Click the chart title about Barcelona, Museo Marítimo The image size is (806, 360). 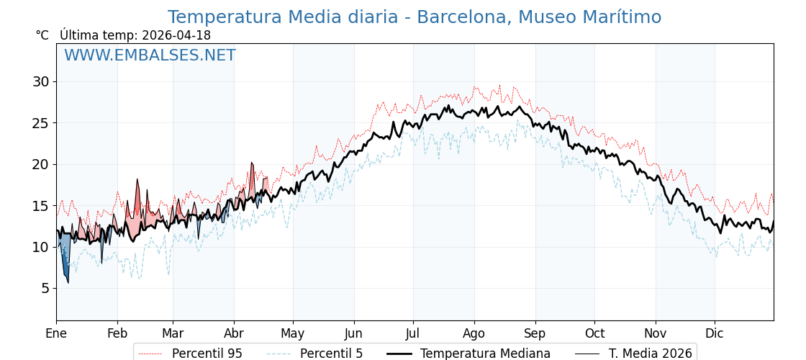pos(414,17)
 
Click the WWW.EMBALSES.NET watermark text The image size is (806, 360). pos(150,55)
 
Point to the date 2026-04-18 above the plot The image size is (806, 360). pos(176,35)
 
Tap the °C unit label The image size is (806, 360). pos(42,35)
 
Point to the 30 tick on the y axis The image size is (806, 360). pos(41,81)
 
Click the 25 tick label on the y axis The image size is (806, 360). pos(41,123)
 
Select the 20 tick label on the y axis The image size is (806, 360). pos(41,164)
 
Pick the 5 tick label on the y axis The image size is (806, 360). pos(45,288)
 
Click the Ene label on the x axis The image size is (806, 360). pos(56,333)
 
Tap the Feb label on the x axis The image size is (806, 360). pos(117,333)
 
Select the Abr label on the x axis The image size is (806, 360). pos(234,333)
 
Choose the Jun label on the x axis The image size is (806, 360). pos(353,333)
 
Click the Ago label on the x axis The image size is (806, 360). pos(474,333)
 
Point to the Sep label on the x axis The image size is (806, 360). pos(535,333)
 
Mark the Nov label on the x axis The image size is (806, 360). pos(656,333)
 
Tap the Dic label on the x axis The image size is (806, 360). pos(715,333)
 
